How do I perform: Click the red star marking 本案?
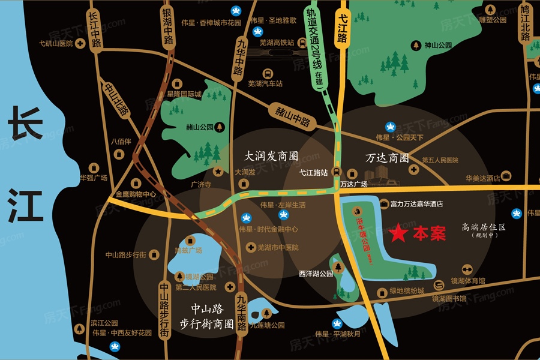coord(397,234)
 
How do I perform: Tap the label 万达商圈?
coord(387,158)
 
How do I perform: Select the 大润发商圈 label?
coord(271,155)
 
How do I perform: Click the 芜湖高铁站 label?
coord(276,43)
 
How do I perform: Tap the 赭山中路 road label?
coord(293,117)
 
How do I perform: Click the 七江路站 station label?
coord(314,173)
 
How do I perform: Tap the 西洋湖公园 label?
coord(316,274)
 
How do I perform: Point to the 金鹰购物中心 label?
coord(136,194)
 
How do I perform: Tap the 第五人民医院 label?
coord(440,160)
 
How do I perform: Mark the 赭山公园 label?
coord(200,127)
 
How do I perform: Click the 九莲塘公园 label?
coord(267,326)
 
